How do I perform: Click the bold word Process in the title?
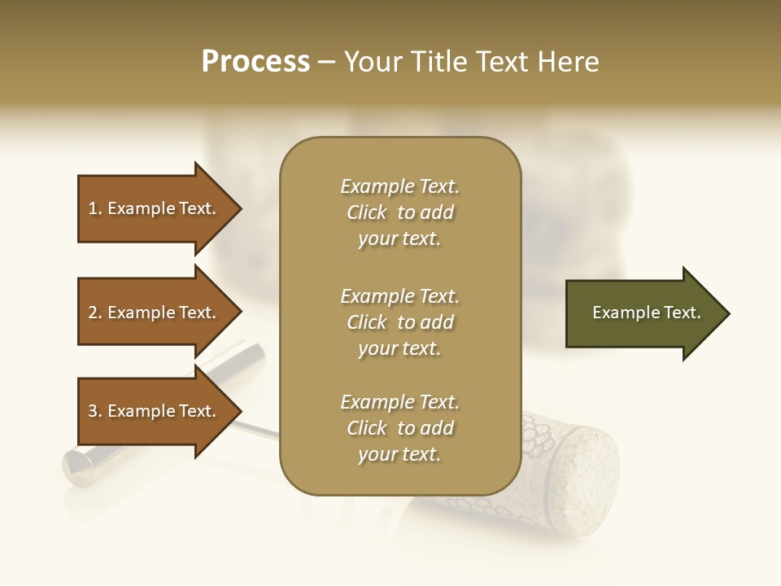(255, 62)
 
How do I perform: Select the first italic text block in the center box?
(399, 212)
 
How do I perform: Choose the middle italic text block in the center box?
(399, 322)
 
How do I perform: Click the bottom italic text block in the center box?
(399, 428)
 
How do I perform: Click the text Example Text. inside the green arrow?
(646, 313)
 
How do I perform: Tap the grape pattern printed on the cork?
(541, 444)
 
